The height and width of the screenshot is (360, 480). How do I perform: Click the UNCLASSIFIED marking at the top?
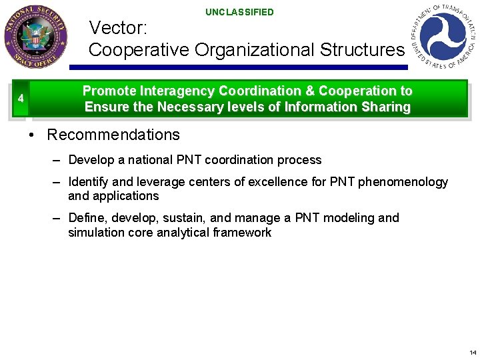pyautogui.click(x=239, y=12)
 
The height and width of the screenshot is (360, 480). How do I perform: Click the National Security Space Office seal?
pyautogui.click(x=35, y=37)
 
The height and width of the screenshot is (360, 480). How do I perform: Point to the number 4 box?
pyautogui.click(x=21, y=99)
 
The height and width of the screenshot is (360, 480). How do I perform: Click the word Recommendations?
pyautogui.click(x=113, y=135)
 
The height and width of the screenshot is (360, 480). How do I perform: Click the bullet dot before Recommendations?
pyautogui.click(x=31, y=135)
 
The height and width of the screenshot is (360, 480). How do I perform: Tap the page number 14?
pyautogui.click(x=472, y=353)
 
